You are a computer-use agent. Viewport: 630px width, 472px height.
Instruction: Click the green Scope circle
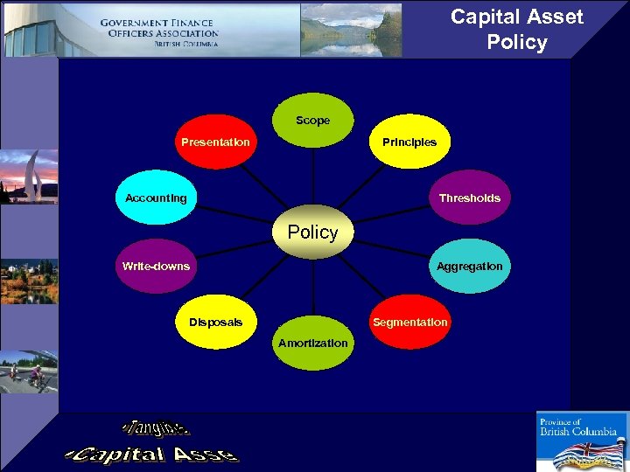coord(312,120)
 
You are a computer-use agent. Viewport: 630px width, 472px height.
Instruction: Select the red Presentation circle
coord(215,142)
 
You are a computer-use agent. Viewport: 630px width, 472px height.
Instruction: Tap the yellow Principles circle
coord(409,142)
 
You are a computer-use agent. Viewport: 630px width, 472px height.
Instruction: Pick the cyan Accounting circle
coord(156,198)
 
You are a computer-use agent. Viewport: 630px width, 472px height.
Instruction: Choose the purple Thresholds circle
coord(470,198)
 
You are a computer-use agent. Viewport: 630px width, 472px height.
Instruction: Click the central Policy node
coord(312,233)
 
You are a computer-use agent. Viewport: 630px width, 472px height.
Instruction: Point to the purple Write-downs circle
coord(156,266)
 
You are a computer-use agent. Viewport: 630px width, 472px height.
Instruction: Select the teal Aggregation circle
coord(470,266)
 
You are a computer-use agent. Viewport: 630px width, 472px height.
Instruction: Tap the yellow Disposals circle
coord(216,322)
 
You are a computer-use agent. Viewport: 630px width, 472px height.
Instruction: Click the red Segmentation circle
coord(409,322)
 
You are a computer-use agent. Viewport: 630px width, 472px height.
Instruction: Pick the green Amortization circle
coord(312,343)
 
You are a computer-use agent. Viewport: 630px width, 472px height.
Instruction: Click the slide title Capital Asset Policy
coord(516,30)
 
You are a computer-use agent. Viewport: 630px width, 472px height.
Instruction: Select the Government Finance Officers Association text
coord(158,32)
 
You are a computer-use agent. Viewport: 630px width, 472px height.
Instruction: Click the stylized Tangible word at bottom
coord(156,427)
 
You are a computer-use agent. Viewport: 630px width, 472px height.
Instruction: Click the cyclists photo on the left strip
coord(28,371)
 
